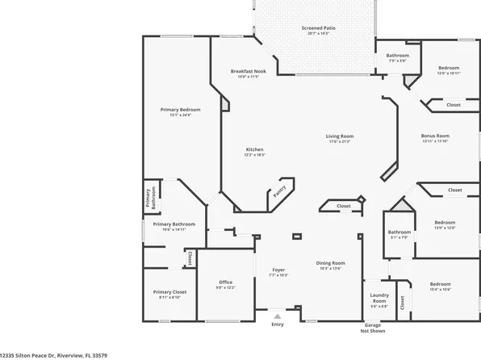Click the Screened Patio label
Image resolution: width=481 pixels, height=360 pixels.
pos(318,28)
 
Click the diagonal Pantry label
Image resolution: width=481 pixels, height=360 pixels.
pos(279,191)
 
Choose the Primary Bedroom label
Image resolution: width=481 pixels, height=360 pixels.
pos(180,109)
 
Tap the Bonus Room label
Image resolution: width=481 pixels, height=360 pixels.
pos(436,136)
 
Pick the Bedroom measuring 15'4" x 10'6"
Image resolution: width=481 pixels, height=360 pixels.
pos(440,286)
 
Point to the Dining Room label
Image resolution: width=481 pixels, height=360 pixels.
pos(331,263)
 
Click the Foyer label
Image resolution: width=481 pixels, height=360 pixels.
pos(278,270)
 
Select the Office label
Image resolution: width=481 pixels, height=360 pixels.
pos(226,282)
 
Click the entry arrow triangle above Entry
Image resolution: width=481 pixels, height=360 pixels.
pos(278,316)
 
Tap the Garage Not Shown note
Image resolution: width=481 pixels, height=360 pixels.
pos(372,328)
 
